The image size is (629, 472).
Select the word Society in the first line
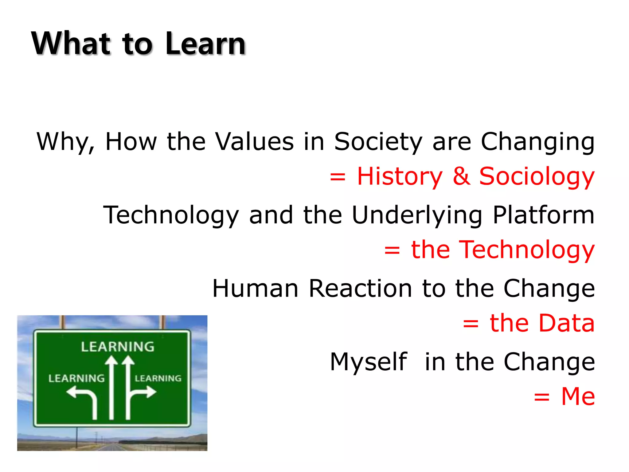378,142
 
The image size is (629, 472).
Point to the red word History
400,177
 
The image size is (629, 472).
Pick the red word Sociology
537,177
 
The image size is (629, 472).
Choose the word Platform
544,215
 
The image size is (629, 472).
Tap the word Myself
369,362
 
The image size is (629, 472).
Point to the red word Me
578,396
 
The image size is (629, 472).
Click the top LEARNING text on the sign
118,347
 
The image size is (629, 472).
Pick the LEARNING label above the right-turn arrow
158,378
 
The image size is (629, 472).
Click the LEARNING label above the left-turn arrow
76,378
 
